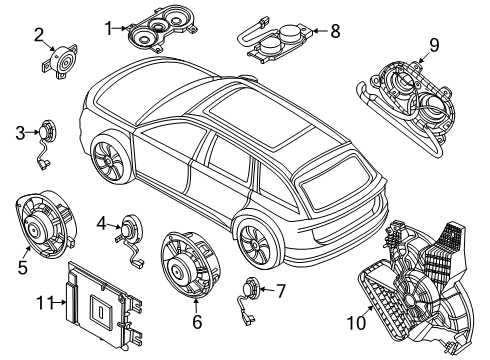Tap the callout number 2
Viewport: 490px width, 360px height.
(x=39, y=39)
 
